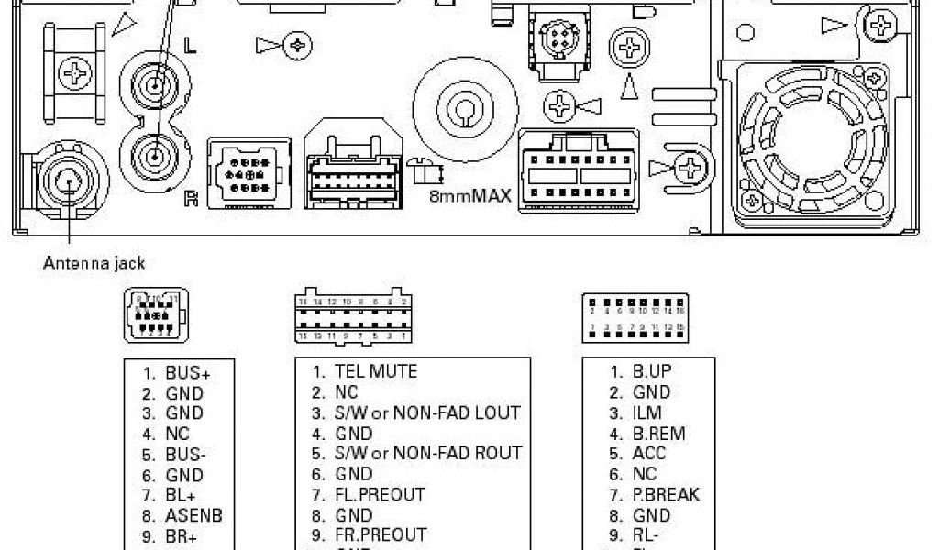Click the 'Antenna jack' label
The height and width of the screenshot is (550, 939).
pos(94,263)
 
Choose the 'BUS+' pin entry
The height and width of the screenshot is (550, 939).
pos(187,373)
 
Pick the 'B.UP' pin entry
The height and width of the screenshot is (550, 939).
pos(651,372)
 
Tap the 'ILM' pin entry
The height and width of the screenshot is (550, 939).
pos(646,413)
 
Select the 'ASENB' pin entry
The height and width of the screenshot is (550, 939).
pos(193,516)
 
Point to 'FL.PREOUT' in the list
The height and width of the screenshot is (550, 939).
pos(380,495)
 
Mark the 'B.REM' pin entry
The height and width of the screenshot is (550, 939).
pos(657,434)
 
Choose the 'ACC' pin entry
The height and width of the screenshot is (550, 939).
pos(648,454)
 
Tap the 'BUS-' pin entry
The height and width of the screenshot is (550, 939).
pos(186,455)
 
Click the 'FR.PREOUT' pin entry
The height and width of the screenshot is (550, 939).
pos(381,534)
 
